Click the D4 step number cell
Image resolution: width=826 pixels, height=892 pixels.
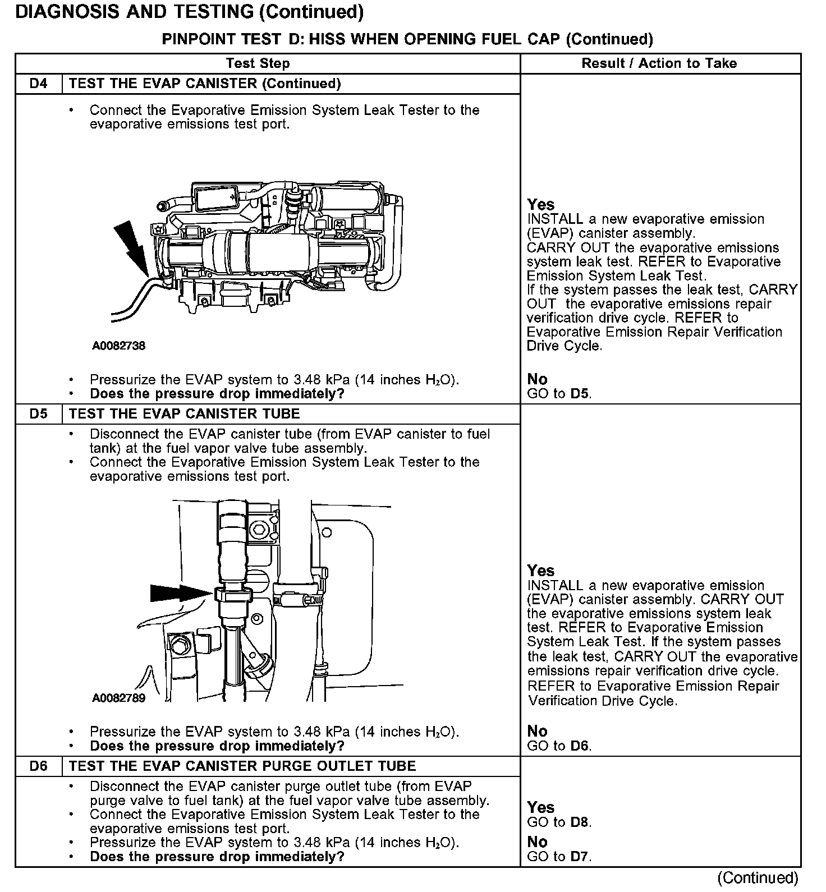[x=39, y=84]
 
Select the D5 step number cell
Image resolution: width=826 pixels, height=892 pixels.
[x=39, y=414]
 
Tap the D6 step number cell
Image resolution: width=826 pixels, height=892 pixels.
[x=39, y=766]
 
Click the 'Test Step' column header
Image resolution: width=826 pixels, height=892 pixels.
[x=258, y=63]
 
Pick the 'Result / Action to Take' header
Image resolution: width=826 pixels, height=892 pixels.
[x=659, y=63]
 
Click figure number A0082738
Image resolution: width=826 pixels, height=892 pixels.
[x=118, y=346]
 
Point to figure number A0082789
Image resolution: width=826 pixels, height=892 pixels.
[x=118, y=698]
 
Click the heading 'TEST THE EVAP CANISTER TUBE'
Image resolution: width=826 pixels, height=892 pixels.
[x=184, y=414]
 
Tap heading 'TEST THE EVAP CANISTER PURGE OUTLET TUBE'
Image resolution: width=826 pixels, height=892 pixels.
[x=242, y=766]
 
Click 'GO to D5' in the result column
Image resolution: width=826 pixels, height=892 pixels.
[x=559, y=394]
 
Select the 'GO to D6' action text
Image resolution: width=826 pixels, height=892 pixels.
[x=559, y=746]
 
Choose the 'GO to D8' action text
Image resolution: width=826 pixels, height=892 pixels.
[x=559, y=822]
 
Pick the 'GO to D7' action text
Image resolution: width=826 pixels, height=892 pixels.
[x=559, y=857]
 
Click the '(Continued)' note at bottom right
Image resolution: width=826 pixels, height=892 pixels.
[x=757, y=878]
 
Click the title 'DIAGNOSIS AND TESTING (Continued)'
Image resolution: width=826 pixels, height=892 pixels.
[x=189, y=12]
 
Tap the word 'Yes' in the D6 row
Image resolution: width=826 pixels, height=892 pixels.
[x=540, y=808]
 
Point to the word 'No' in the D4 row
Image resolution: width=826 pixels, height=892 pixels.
[x=537, y=380]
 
